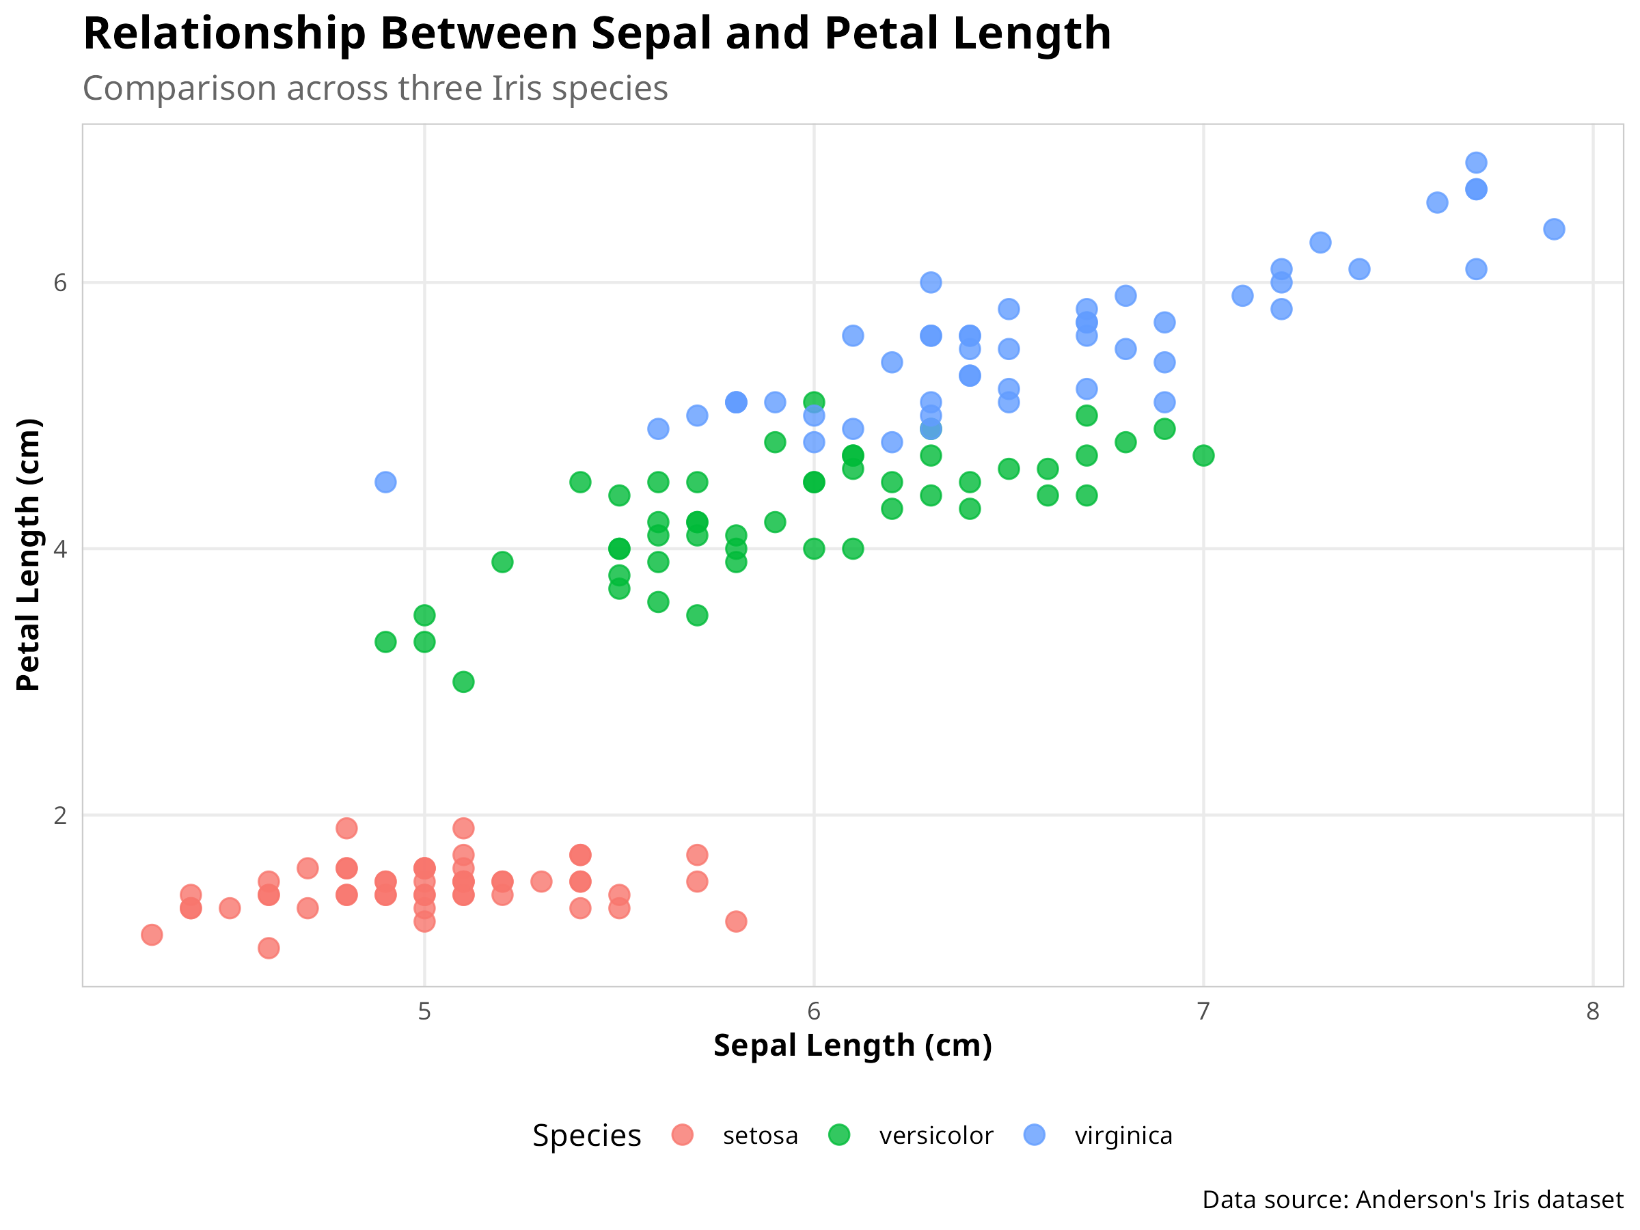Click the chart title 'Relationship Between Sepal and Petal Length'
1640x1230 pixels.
coord(597,34)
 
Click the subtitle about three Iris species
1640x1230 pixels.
coord(375,89)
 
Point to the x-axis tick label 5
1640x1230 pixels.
coord(424,1011)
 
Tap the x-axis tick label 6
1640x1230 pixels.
coord(813,1011)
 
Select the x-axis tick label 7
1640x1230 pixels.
coord(1203,1011)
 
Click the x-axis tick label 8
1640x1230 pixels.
coord(1593,1011)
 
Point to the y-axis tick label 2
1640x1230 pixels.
coord(60,815)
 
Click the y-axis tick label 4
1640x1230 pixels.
coord(60,549)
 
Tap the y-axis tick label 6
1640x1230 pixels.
coord(60,283)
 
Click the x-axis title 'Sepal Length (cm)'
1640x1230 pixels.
coord(853,1046)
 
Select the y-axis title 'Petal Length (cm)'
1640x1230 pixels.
coord(28,555)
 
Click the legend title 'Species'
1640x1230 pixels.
coord(586,1136)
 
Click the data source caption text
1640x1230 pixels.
coord(1412,1200)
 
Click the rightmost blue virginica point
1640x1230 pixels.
coord(1554,229)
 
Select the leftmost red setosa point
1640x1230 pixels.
coord(152,935)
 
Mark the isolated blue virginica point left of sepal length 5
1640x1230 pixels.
coord(385,482)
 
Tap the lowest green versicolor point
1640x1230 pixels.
coord(463,681)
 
